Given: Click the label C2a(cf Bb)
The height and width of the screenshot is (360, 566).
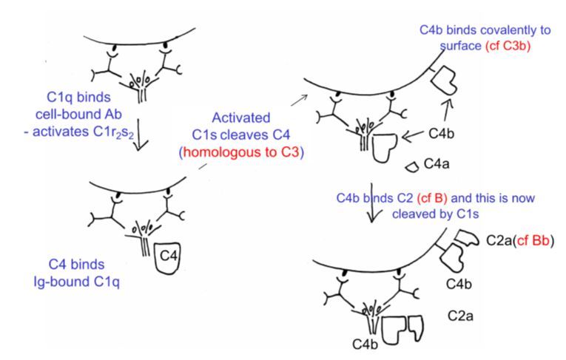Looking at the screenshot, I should point(520,241).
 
